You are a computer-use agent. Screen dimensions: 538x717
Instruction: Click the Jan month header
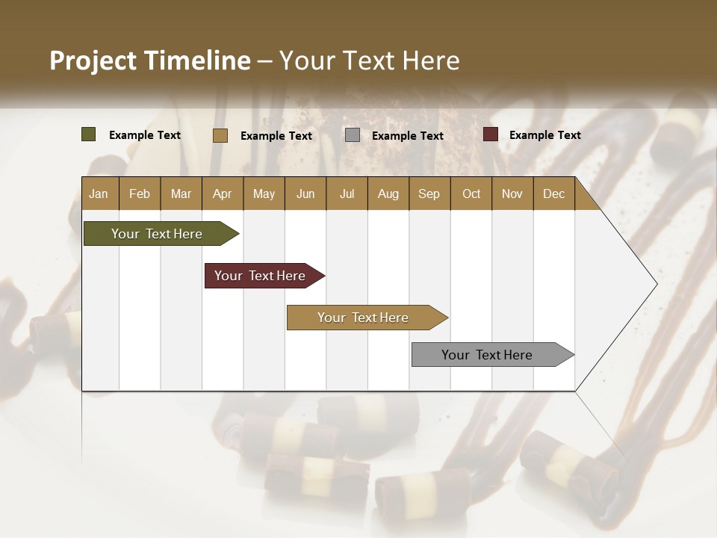(99, 194)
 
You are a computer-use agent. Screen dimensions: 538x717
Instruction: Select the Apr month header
(222, 194)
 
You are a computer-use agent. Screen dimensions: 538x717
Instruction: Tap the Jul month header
(347, 194)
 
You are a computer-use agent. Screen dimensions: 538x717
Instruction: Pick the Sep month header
(429, 194)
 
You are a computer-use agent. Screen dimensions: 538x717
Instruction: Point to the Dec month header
(553, 194)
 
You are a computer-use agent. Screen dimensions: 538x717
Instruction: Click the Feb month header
(140, 194)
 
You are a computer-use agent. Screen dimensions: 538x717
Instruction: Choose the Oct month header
(471, 194)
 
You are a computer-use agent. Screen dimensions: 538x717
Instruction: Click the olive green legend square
(89, 134)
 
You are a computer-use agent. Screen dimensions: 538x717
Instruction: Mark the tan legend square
(220, 135)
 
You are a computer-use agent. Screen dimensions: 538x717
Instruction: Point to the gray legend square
(353, 135)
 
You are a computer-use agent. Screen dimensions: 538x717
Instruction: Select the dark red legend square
(491, 134)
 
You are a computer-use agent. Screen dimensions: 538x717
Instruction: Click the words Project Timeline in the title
(150, 61)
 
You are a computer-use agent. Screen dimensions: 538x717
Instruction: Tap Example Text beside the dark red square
(544, 135)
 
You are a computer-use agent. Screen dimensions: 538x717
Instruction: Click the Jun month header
(305, 194)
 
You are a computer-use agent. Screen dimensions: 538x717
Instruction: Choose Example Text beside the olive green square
(145, 135)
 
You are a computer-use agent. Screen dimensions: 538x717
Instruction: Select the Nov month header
(512, 194)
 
